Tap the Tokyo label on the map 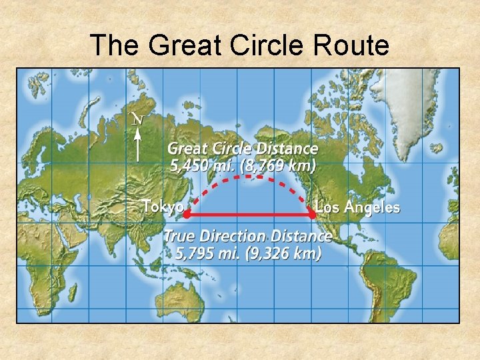(163, 207)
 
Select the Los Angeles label (358, 207)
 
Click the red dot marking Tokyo (187, 215)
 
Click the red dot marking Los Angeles (312, 215)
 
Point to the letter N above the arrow (138, 119)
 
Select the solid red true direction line (250, 215)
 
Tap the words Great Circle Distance (243, 149)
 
